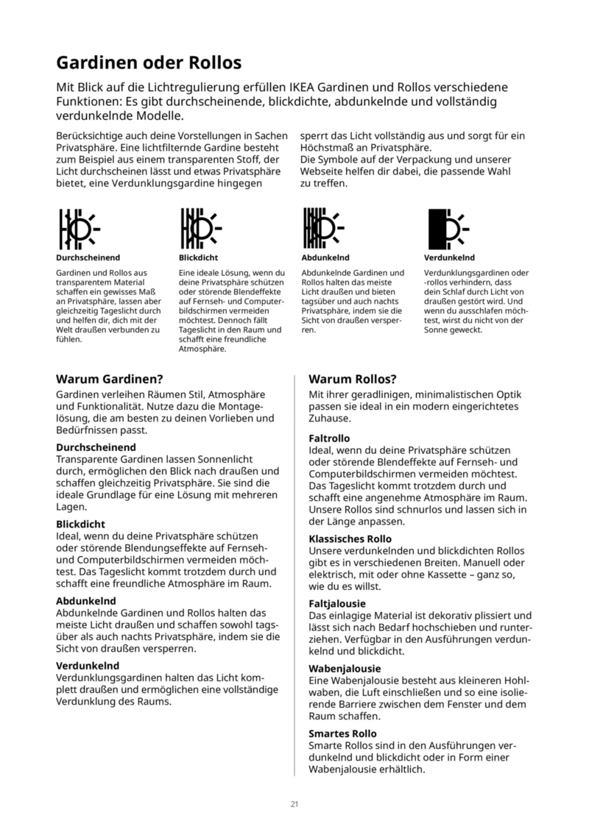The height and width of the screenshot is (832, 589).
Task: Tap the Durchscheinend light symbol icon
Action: point(79,227)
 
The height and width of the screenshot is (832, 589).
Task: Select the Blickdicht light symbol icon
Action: point(201,227)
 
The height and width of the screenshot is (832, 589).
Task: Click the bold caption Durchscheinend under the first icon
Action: point(88,258)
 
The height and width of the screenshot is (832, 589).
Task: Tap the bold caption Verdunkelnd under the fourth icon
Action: point(449,258)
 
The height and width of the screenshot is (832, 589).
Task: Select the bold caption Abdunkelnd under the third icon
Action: point(325,258)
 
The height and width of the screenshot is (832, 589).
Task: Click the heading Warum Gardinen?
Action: point(109,380)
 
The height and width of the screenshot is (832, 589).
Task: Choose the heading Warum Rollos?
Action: point(353,380)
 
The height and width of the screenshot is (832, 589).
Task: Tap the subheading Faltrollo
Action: point(329,438)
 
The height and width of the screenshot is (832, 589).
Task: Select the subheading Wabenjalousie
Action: point(344,669)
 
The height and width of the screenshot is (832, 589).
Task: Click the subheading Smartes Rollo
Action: point(342,733)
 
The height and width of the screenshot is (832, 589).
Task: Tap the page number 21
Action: point(294,803)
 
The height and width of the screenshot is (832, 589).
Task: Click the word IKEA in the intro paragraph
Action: point(306,87)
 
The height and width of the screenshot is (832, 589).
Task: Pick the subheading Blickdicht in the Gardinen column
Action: point(80,525)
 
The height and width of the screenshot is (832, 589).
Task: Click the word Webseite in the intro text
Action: point(322,171)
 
